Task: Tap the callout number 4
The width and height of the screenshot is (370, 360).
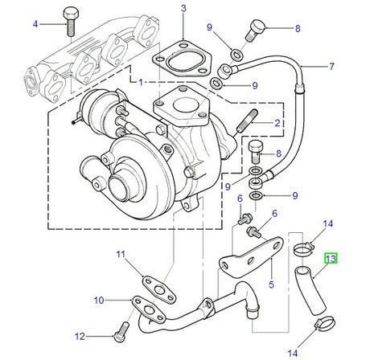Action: point(35,24)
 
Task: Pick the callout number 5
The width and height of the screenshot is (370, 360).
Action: point(271,284)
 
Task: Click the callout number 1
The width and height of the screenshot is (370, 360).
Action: point(141,82)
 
